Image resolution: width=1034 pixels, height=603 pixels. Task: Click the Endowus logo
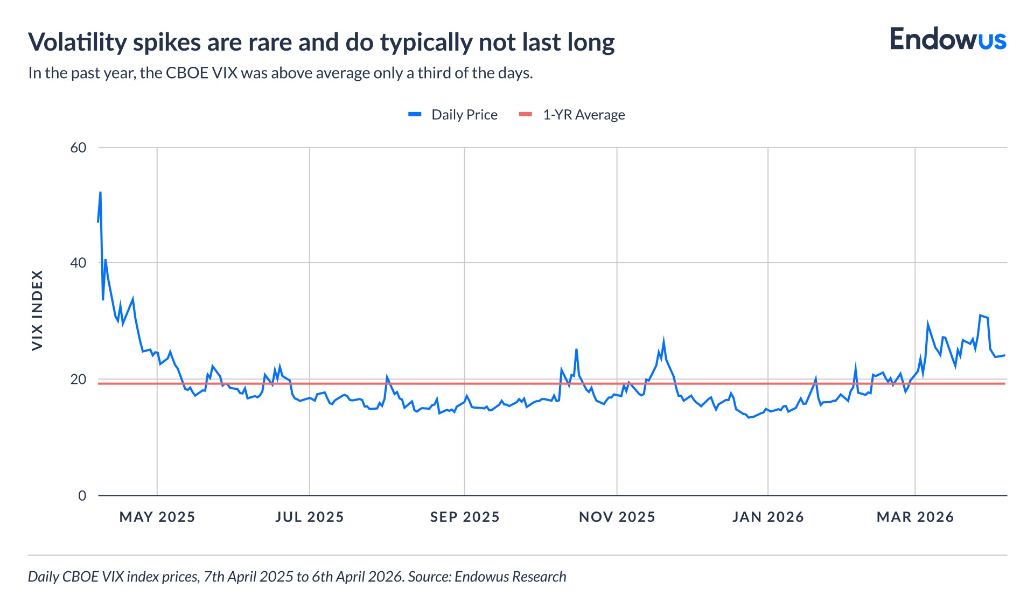click(x=947, y=40)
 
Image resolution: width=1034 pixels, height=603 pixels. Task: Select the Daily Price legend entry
click(x=453, y=115)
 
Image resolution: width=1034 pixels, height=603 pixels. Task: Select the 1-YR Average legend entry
click(x=572, y=115)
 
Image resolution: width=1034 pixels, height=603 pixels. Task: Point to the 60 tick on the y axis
click(x=79, y=148)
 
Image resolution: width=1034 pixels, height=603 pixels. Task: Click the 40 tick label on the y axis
click(x=79, y=263)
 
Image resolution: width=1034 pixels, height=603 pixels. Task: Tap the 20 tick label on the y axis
click(x=79, y=380)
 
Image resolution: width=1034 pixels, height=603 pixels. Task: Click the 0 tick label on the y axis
click(x=82, y=495)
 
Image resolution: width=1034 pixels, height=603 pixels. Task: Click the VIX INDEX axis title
click(x=37, y=310)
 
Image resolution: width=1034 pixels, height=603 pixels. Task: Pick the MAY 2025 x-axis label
click(x=157, y=517)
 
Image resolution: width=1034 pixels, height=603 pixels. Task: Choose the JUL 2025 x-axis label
click(x=310, y=517)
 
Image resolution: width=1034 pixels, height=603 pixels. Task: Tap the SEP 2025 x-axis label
click(x=465, y=517)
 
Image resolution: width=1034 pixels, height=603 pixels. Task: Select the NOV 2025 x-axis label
click(x=617, y=517)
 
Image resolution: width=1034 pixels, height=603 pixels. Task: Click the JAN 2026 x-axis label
click(x=768, y=517)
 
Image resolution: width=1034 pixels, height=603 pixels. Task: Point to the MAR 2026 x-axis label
click(x=915, y=517)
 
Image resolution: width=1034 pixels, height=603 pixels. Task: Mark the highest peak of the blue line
click(x=100, y=192)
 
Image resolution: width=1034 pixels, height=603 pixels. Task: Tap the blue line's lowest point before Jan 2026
click(x=748, y=417)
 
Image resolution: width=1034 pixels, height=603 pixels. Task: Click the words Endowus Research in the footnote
click(x=510, y=577)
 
